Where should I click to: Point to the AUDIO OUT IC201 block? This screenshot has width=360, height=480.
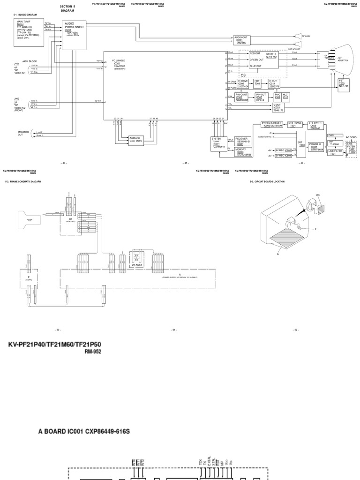pos(242,40)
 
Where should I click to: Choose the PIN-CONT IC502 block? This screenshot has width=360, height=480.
pos(242,97)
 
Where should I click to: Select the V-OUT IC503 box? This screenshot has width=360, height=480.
pos(279,107)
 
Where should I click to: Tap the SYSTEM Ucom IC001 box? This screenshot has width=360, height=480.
pos(218,143)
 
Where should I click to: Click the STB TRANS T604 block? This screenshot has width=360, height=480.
pos(295,125)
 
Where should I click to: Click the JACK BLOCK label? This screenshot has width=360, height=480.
pos(29,61)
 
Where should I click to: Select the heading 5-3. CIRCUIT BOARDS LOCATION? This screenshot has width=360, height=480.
pos(267,181)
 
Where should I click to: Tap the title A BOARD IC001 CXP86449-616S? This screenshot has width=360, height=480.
pos(83,431)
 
